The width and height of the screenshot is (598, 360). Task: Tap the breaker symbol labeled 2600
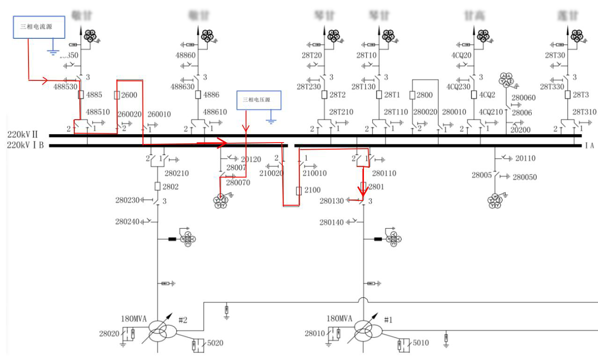pyautogui.click(x=117, y=95)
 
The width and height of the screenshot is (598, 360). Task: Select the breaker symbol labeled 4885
pyautogui.click(x=81, y=95)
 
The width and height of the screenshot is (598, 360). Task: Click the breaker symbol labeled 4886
pyautogui.click(x=198, y=95)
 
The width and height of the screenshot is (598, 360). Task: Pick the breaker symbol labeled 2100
pyautogui.click(x=299, y=191)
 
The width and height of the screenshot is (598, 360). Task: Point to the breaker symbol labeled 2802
pyautogui.click(x=157, y=187)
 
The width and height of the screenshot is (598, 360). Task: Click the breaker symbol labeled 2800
pyautogui.click(x=413, y=95)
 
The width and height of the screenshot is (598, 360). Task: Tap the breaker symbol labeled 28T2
pyautogui.click(x=324, y=95)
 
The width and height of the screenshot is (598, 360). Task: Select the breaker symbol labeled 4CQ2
pyautogui.click(x=474, y=95)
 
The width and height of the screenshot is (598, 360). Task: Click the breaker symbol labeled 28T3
pyautogui.click(x=568, y=95)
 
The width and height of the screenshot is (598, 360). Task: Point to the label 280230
pyautogui.click(x=127, y=201)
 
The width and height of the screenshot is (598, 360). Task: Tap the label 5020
pyautogui.click(x=215, y=343)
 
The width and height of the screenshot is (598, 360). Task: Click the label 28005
pyautogui.click(x=481, y=176)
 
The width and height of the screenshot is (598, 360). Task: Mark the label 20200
pyautogui.click(x=520, y=130)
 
